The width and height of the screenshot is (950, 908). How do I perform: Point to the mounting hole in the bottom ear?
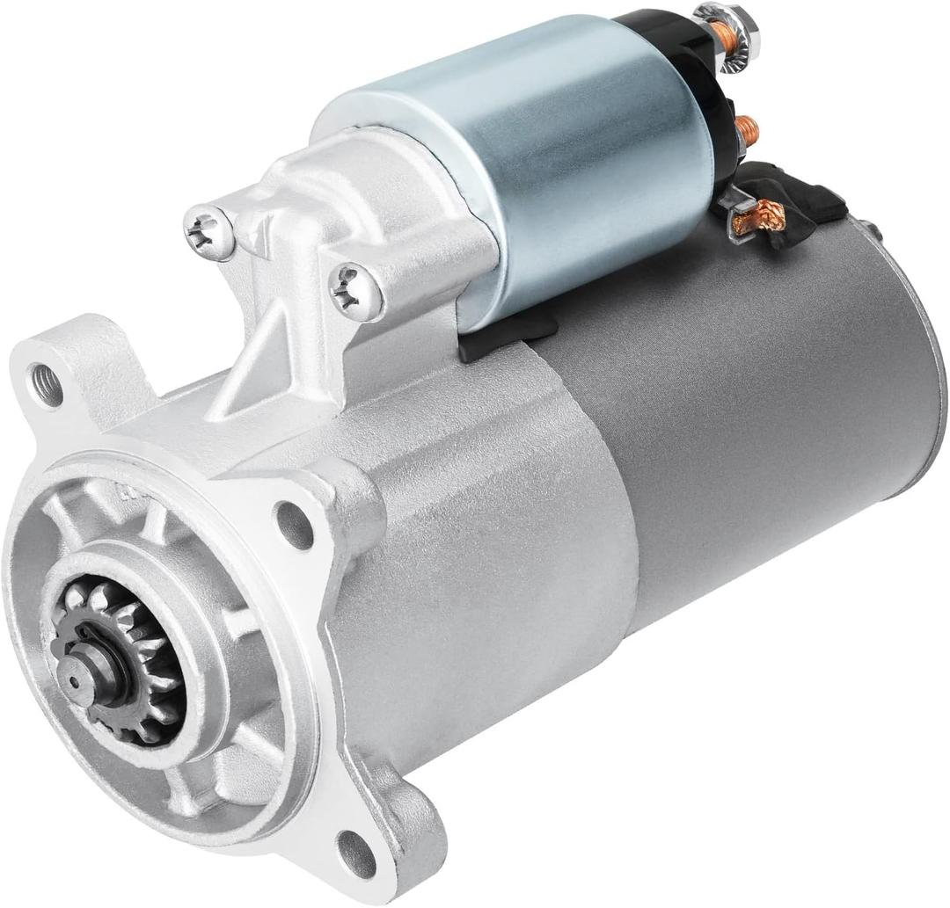(356, 852)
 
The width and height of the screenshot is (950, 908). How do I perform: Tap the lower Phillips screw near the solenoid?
(356, 291)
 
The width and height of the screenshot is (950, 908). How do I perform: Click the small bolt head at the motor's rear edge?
(873, 230)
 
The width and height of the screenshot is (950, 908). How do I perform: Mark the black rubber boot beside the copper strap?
(809, 198)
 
